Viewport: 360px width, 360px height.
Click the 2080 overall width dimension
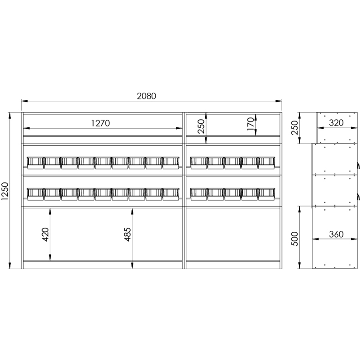(x=147, y=96)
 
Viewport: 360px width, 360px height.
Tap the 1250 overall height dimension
(x=4, y=191)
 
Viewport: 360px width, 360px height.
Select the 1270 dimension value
(x=100, y=123)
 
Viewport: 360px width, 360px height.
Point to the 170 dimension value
(x=251, y=124)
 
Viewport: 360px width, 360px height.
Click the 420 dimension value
(x=45, y=234)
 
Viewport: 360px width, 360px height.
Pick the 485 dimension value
(x=127, y=234)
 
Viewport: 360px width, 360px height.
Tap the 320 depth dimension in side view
(x=336, y=123)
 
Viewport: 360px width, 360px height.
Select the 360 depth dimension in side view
(x=336, y=234)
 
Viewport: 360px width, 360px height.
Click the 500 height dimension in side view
(x=295, y=239)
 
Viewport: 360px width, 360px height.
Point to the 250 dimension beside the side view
(x=295, y=128)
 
